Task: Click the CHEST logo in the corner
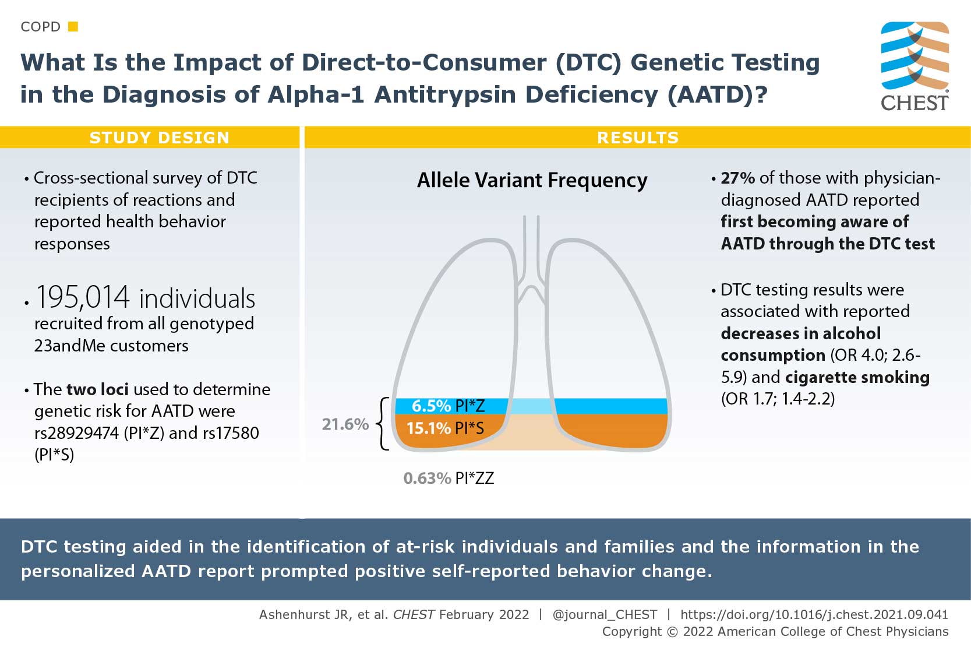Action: tap(914, 65)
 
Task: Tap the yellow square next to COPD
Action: tap(73, 26)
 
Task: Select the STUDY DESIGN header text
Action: tap(159, 138)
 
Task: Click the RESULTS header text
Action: tap(638, 138)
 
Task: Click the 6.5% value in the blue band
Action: tap(430, 406)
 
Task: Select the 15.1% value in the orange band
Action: tap(428, 428)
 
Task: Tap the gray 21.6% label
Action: tap(345, 424)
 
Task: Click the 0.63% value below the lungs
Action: tap(426, 478)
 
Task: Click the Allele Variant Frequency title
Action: tap(532, 180)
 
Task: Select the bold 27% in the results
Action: tap(737, 178)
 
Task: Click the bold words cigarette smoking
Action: tap(857, 377)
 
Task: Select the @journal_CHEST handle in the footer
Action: tap(604, 614)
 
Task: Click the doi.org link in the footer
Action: tap(814, 614)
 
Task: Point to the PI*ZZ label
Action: tap(474, 478)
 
